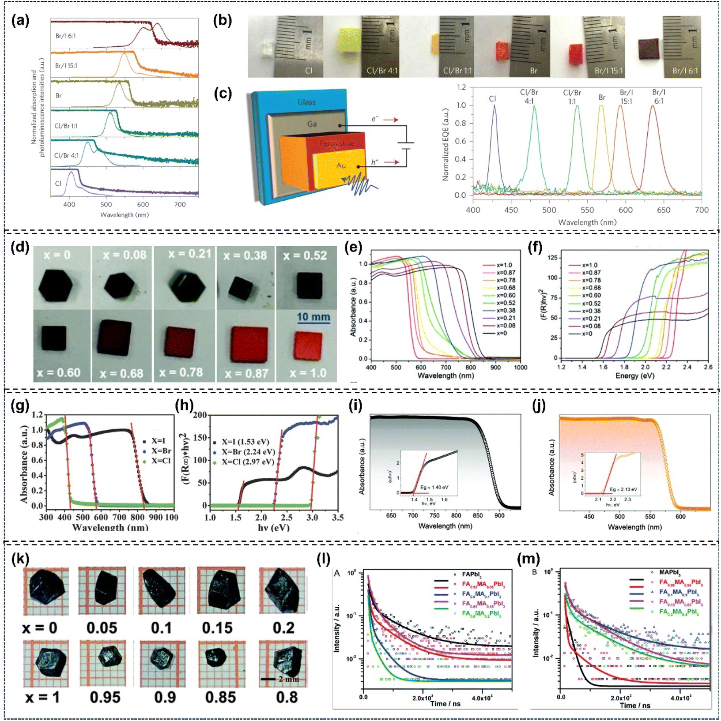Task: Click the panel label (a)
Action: (x=20, y=21)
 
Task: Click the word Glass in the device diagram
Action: (x=306, y=102)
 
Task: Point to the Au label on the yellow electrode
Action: (x=341, y=165)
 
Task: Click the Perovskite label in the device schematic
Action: (x=337, y=143)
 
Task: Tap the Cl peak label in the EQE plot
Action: (x=492, y=99)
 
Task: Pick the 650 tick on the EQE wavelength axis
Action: (x=664, y=210)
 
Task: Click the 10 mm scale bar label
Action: (x=313, y=317)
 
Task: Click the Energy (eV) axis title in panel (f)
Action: (x=634, y=376)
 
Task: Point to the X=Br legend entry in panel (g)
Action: (x=161, y=451)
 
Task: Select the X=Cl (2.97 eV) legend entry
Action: (x=248, y=462)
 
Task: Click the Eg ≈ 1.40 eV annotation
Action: (x=434, y=488)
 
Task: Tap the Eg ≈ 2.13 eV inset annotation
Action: (x=623, y=489)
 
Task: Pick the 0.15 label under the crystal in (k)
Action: (x=217, y=627)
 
